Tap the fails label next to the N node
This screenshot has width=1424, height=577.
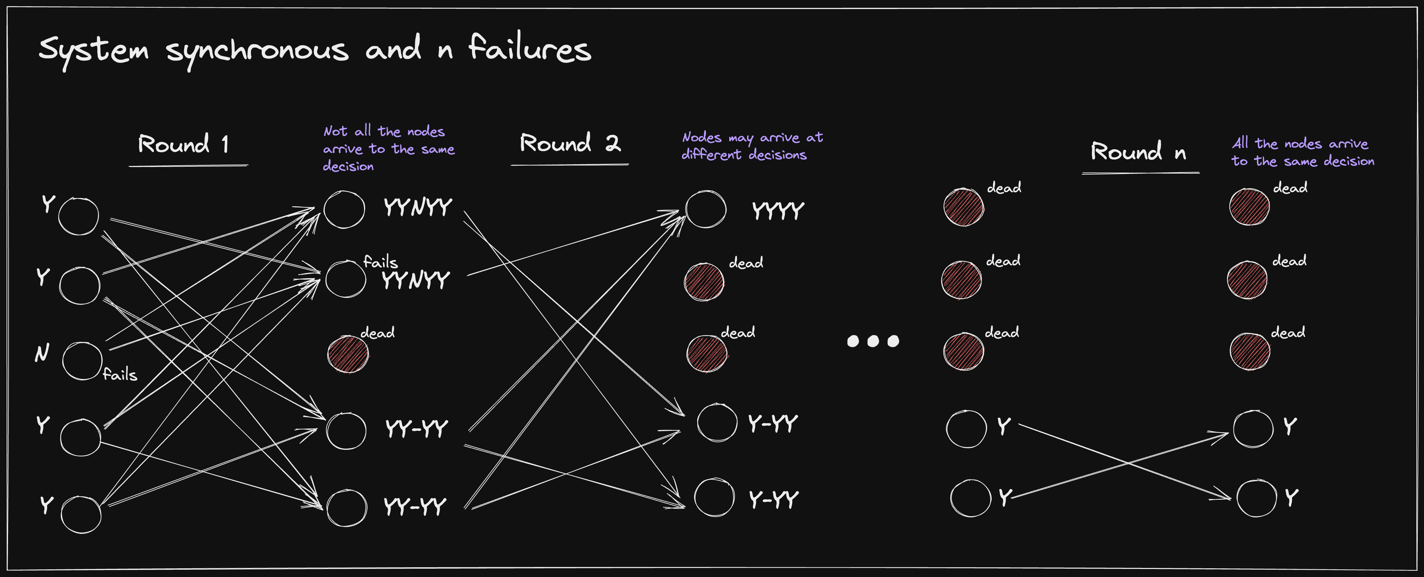point(120,375)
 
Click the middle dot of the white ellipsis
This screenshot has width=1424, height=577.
point(873,341)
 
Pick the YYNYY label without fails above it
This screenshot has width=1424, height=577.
point(418,207)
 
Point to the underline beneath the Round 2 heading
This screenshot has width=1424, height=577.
point(569,164)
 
